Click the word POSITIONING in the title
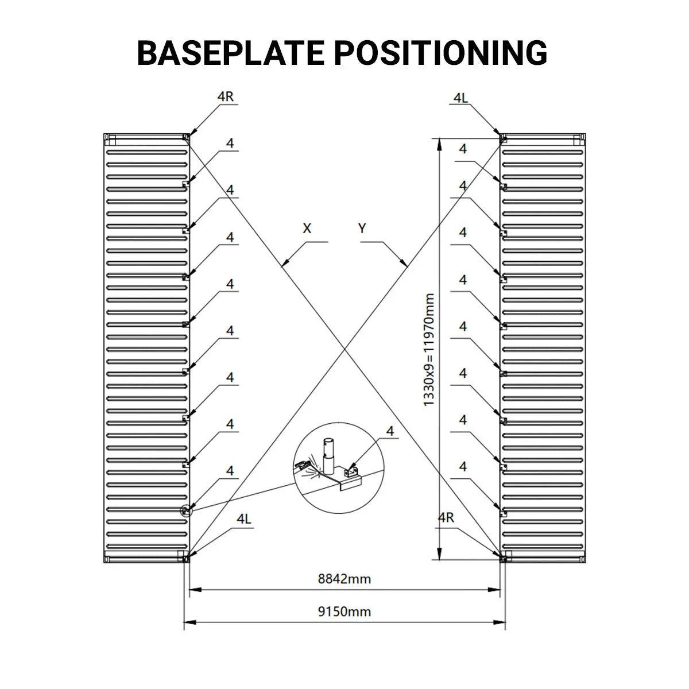point(440,53)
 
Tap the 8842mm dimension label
point(344,579)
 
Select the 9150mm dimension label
point(344,611)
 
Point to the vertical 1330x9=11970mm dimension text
point(429,350)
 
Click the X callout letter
point(307,229)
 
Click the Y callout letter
point(362,229)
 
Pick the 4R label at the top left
point(226,96)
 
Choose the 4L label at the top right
point(460,98)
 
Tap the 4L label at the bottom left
point(244,518)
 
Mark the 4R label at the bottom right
point(446,517)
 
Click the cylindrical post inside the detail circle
point(328,454)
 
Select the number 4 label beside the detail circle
point(391,431)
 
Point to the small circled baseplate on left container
point(185,510)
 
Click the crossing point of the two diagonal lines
point(344,348)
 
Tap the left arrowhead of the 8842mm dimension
point(193,589)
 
